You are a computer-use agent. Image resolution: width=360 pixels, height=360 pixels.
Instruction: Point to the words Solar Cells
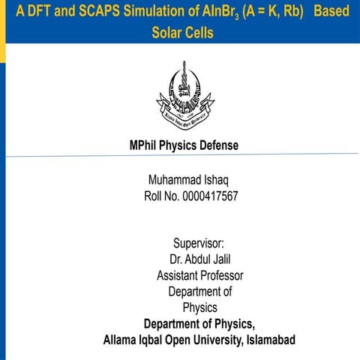[182, 34]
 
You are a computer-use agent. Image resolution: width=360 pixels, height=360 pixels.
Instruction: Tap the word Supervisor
[199, 243]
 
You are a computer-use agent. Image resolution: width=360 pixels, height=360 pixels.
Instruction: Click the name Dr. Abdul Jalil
[199, 259]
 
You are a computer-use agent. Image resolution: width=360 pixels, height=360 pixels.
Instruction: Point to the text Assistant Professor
[199, 275]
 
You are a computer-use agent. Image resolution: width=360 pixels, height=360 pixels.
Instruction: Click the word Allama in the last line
[121, 340]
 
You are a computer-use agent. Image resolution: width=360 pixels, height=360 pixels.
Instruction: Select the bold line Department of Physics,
[199, 324]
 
